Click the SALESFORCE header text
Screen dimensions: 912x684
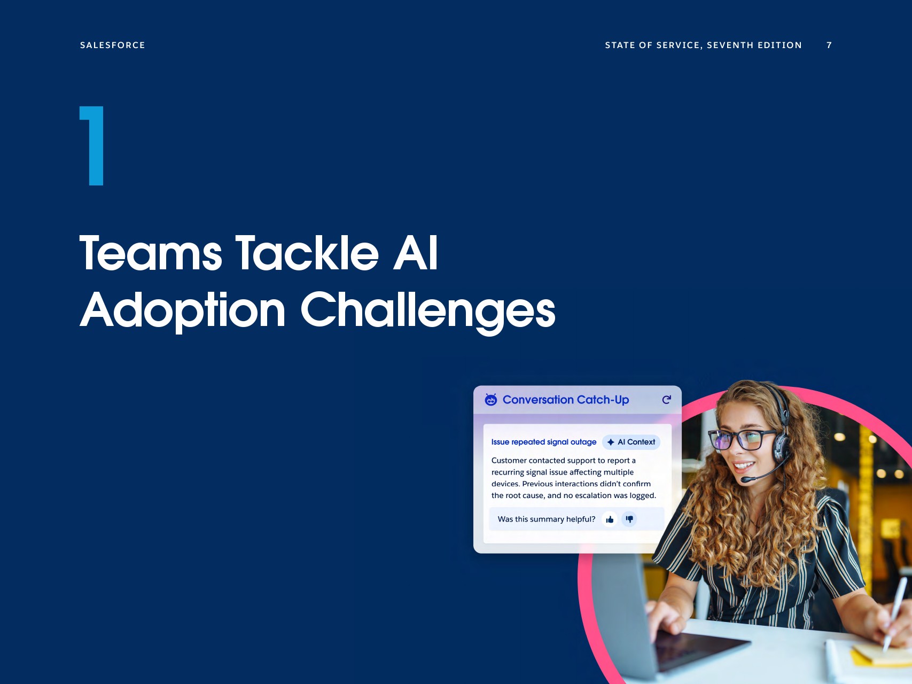pyautogui.click(x=112, y=45)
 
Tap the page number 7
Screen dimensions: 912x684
pyautogui.click(x=829, y=45)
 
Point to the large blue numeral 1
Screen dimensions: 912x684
pyautogui.click(x=92, y=146)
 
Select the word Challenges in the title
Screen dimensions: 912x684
pyautogui.click(x=428, y=311)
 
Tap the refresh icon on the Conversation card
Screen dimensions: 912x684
pyautogui.click(x=666, y=400)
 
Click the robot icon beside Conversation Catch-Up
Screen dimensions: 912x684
pyautogui.click(x=490, y=400)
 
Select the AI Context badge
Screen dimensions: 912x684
pyautogui.click(x=631, y=442)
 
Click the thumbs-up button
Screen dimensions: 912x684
pyautogui.click(x=610, y=519)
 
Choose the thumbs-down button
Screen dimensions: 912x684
pyautogui.click(x=629, y=519)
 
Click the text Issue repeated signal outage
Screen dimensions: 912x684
pyautogui.click(x=544, y=442)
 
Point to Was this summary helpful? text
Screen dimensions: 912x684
pyautogui.click(x=547, y=519)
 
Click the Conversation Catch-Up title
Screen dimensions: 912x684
pyautogui.click(x=566, y=400)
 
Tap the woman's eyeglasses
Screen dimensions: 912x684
pyautogui.click(x=743, y=440)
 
